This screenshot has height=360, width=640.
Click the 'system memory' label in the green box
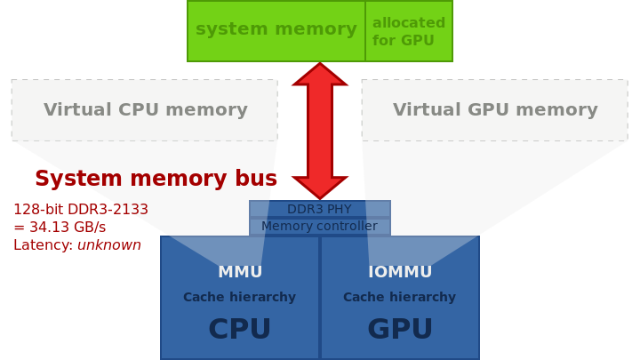[x=276, y=29]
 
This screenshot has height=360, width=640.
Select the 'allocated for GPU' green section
[x=409, y=31]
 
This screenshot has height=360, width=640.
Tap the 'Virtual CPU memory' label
[x=146, y=109]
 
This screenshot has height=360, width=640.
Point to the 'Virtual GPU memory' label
[x=495, y=109]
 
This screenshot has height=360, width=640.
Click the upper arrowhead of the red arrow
[x=320, y=75]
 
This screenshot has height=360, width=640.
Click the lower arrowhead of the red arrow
[x=320, y=188]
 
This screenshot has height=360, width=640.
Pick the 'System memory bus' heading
[x=156, y=179]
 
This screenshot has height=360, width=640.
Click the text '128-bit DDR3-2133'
[x=81, y=210]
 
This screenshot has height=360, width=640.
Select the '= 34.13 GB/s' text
[x=60, y=227]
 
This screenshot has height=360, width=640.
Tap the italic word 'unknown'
[x=109, y=245]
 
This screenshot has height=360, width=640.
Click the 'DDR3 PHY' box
[x=320, y=209]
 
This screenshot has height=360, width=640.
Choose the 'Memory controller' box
[x=320, y=226]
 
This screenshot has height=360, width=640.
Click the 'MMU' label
[x=240, y=272]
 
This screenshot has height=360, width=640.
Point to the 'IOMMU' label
[x=400, y=272]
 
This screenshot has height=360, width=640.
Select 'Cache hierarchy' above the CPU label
[x=240, y=297]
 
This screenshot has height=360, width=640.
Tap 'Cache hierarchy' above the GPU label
[x=400, y=297]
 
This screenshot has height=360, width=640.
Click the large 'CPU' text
[x=240, y=329]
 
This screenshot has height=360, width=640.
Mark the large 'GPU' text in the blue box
[x=400, y=329]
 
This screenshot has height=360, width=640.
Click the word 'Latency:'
[x=44, y=245]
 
